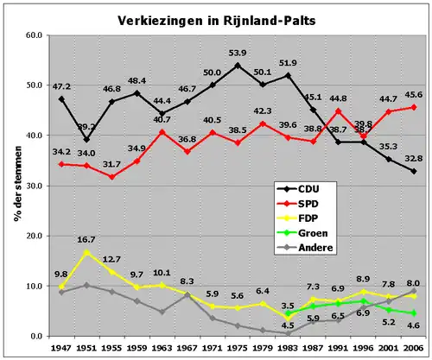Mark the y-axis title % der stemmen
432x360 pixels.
[16, 186]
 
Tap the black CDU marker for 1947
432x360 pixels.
[60, 99]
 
